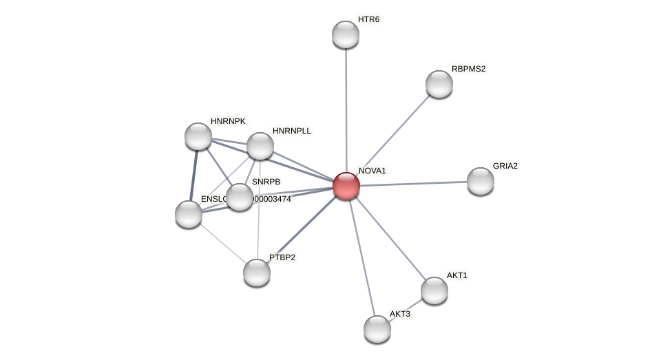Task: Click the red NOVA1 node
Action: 346,186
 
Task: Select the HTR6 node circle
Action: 345,34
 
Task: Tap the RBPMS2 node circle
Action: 439,84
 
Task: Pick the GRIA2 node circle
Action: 480,181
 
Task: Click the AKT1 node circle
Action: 434,290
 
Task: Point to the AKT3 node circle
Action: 377,329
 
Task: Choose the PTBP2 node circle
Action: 256,273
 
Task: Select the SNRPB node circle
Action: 239,197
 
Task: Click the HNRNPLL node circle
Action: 260,146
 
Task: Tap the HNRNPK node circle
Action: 198,136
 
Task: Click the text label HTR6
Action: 368,19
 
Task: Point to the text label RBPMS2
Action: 468,69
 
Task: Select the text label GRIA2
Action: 505,166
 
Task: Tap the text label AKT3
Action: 399,314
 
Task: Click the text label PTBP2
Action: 282,257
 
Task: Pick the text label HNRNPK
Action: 228,121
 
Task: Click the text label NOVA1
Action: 372,171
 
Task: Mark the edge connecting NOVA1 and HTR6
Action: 346,110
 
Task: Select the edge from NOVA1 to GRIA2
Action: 413,183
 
